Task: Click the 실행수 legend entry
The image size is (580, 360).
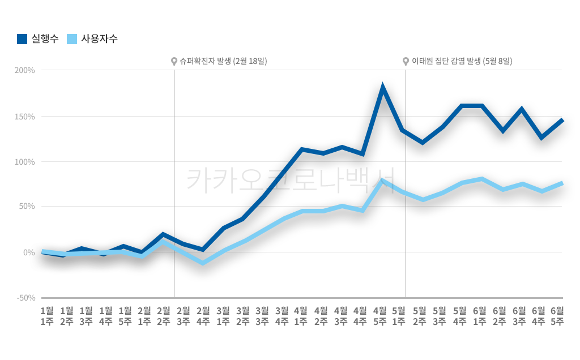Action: pyautogui.click(x=37, y=39)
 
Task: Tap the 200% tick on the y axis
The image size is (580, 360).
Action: pyautogui.click(x=25, y=70)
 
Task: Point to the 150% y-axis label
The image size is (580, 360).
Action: pyautogui.click(x=25, y=117)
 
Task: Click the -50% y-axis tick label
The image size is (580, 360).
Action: pyautogui.click(x=25, y=298)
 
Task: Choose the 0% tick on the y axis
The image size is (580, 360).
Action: pyautogui.click(x=29, y=252)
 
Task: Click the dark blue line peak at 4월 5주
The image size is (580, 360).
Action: pyautogui.click(x=383, y=88)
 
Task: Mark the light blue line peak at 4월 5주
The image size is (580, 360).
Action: pyautogui.click(x=383, y=181)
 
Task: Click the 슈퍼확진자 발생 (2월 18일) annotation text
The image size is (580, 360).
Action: pyautogui.click(x=223, y=61)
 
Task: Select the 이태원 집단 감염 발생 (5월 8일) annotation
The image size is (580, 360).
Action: pyautogui.click(x=462, y=61)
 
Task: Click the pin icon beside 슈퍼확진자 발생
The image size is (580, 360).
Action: pyautogui.click(x=174, y=61)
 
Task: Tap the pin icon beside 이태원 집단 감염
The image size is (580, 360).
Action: pyautogui.click(x=406, y=61)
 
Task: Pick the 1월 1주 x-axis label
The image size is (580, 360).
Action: pyautogui.click(x=47, y=315)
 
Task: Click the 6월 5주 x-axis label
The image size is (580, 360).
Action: pyautogui.click(x=557, y=315)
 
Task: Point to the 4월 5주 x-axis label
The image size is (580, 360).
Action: pyautogui.click(x=379, y=315)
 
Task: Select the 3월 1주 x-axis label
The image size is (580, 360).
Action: pyautogui.click(x=223, y=315)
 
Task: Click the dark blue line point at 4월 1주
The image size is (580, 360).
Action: pyautogui.click(x=302, y=149)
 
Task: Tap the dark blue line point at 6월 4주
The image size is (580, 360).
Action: pyautogui.click(x=541, y=138)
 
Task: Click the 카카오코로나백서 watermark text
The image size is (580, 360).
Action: pyautogui.click(x=290, y=180)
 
